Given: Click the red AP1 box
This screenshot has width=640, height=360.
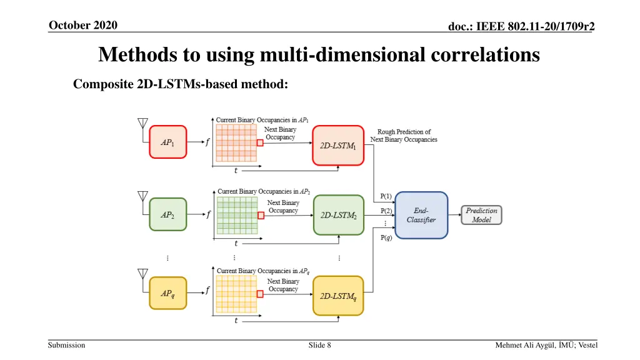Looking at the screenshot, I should click(x=167, y=142).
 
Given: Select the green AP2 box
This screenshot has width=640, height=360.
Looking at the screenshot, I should click(x=167, y=214).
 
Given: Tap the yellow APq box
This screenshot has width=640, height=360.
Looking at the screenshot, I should click(x=167, y=293).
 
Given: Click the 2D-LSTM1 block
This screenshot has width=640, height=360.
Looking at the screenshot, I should click(x=337, y=146).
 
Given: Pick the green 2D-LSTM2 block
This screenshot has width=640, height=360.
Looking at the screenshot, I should click(x=338, y=215).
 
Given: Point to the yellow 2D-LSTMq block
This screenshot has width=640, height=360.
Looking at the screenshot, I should click(x=338, y=296).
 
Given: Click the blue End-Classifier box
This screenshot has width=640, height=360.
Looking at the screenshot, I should click(x=421, y=215).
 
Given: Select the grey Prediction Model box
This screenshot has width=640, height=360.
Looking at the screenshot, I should click(x=481, y=215).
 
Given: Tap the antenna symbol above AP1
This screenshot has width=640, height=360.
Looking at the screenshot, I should click(x=142, y=122).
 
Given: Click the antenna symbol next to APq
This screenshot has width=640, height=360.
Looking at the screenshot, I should click(x=142, y=274).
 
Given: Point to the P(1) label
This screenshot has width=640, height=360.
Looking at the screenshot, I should click(x=386, y=196).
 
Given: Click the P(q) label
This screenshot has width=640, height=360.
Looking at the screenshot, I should click(x=386, y=237).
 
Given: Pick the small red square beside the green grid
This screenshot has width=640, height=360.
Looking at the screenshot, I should click(x=261, y=213).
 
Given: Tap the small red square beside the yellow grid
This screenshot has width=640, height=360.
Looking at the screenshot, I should click(x=260, y=293).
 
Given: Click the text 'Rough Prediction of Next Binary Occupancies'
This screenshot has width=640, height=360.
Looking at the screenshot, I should click(x=404, y=136).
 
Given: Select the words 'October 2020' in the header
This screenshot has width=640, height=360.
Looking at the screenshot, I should click(x=82, y=25).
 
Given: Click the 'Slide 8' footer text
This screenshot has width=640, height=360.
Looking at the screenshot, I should click(x=319, y=345).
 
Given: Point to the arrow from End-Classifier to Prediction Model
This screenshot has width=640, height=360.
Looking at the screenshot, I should click(x=455, y=215).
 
